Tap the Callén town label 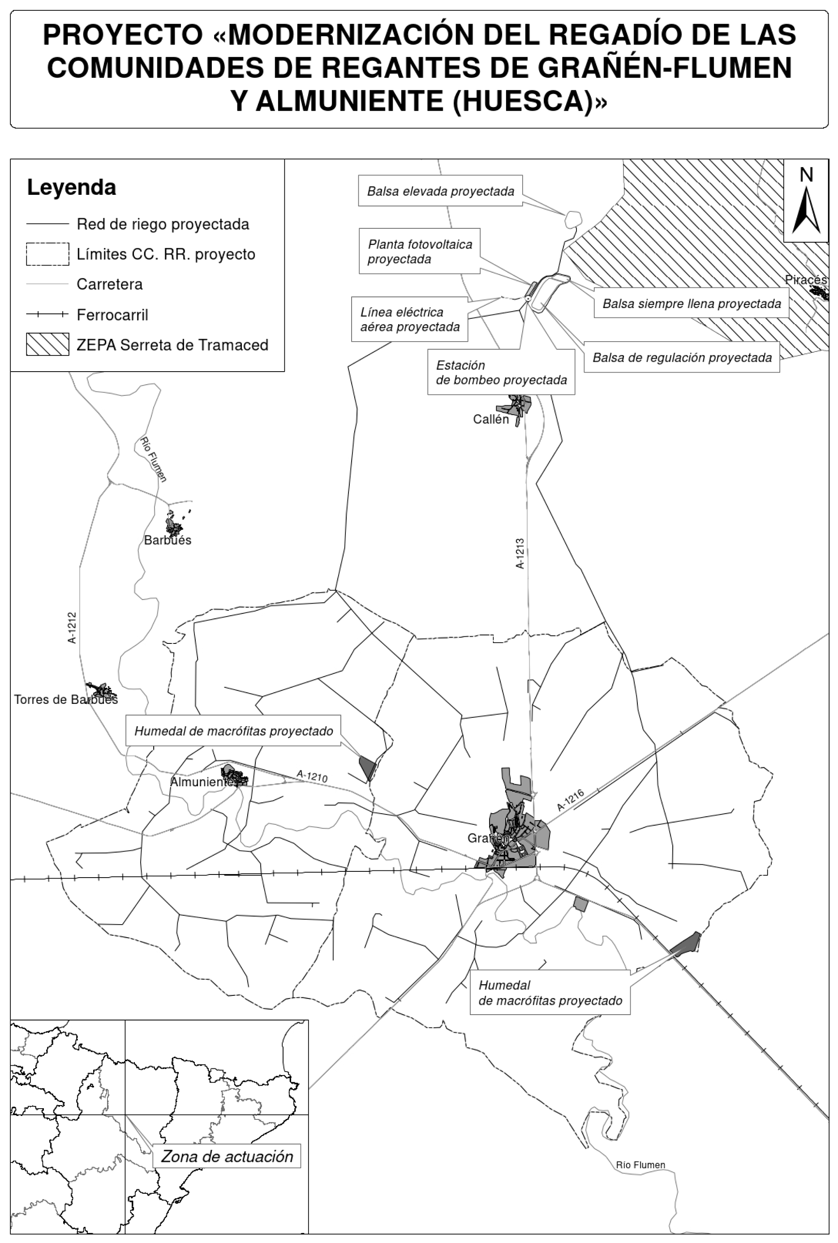tap(490, 419)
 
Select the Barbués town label tap(167, 540)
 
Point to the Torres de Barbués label tap(66, 700)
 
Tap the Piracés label tap(806, 280)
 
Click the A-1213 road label tap(520, 553)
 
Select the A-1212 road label tap(72, 628)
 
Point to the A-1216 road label tap(571, 800)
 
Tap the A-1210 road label tap(312, 776)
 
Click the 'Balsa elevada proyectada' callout tap(440, 191)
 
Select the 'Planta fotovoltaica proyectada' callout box tap(420, 252)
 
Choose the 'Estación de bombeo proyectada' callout tap(501, 373)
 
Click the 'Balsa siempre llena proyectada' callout tap(692, 304)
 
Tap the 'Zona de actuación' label tap(227, 1157)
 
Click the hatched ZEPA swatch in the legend tap(47, 344)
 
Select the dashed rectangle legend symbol tap(47, 254)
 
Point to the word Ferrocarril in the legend tap(112, 315)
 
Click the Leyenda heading tap(72, 188)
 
